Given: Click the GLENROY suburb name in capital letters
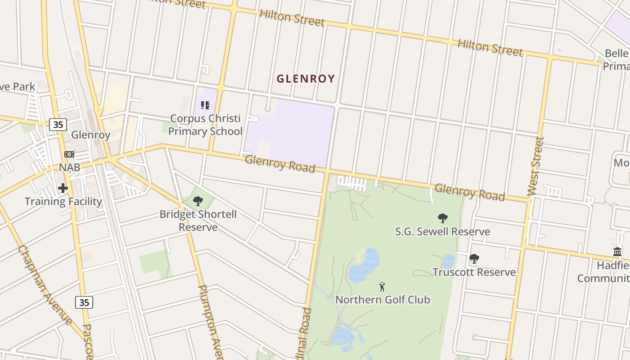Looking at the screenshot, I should tap(306, 79).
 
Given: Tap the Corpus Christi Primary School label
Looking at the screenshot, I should tap(205, 125).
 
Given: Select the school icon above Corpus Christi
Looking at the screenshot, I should tap(205, 105).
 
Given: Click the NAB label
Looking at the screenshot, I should tap(69, 167).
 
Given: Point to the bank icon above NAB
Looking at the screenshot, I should tap(69, 154).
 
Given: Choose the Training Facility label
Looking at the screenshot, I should tap(63, 201).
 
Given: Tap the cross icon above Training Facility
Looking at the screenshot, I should tap(63, 188).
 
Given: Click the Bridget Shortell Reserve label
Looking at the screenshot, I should tap(198, 220).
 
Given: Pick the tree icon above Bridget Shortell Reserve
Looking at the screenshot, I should tap(198, 201).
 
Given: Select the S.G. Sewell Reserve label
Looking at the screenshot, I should tap(442, 232).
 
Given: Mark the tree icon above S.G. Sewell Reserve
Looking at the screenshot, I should tap(443, 218).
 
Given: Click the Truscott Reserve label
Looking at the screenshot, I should tap(474, 272).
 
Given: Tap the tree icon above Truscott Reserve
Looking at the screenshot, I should tap(474, 259).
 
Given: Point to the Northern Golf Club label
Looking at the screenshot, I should tap(382, 300).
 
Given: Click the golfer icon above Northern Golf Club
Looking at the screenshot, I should tap(382, 287).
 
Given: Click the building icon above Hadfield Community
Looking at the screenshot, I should tap(617, 252).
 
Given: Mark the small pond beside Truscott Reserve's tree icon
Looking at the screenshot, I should tap(449, 261).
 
